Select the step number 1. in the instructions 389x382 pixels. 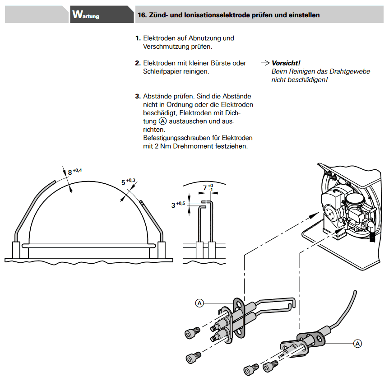[138, 38]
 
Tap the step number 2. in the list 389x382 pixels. [138, 63]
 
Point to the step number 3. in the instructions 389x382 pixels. [138, 97]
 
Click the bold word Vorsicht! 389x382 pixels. [286, 63]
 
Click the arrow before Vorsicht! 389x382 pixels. [265, 63]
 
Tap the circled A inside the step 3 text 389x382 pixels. [162, 121]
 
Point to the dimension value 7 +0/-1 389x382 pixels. [208, 187]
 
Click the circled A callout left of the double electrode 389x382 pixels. [199, 303]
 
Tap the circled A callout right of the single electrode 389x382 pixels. [357, 344]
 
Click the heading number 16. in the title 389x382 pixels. [141, 15]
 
